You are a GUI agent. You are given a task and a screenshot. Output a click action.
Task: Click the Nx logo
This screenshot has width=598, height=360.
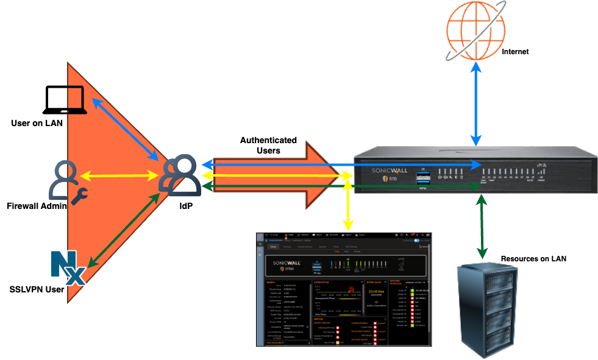pyautogui.click(x=68, y=268)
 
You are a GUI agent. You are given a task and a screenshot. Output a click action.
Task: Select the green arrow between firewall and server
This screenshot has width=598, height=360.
pyautogui.click(x=482, y=225)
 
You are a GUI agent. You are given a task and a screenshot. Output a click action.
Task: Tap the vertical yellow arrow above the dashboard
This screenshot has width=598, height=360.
pyautogui.click(x=347, y=207)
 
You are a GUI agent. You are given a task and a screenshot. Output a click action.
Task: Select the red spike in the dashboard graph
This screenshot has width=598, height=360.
pyautogui.click(x=351, y=289)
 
